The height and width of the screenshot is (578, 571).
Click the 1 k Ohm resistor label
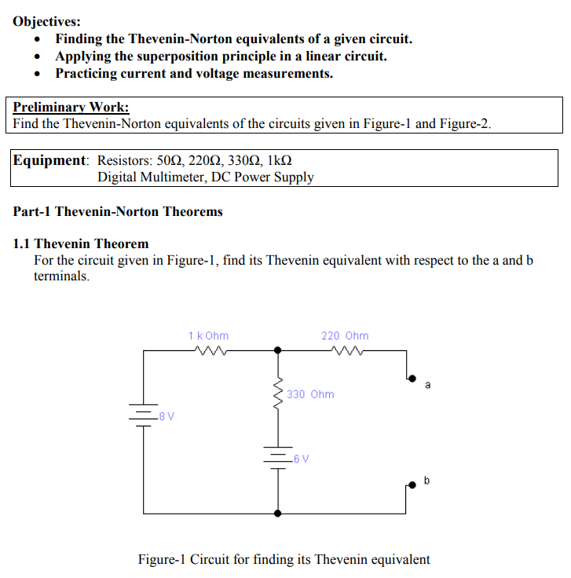[x=208, y=335]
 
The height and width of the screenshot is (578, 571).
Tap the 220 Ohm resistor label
[x=345, y=335]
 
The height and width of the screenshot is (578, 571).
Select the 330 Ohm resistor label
[x=310, y=394]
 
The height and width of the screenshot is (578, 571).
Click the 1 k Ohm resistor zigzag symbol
[x=208, y=351]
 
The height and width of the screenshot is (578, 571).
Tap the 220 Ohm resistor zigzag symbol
[x=346, y=351]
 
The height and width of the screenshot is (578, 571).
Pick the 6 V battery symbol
[x=277, y=456]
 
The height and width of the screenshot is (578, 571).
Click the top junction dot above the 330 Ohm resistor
[x=277, y=352]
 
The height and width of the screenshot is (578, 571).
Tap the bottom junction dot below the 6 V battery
[x=277, y=513]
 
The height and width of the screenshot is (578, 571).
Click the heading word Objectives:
[x=46, y=22]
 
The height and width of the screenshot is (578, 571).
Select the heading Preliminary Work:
[x=71, y=107]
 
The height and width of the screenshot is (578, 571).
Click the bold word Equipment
[x=49, y=160]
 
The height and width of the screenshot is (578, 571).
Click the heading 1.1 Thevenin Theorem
[x=81, y=243]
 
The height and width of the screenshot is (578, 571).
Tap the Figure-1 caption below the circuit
[x=284, y=559]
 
